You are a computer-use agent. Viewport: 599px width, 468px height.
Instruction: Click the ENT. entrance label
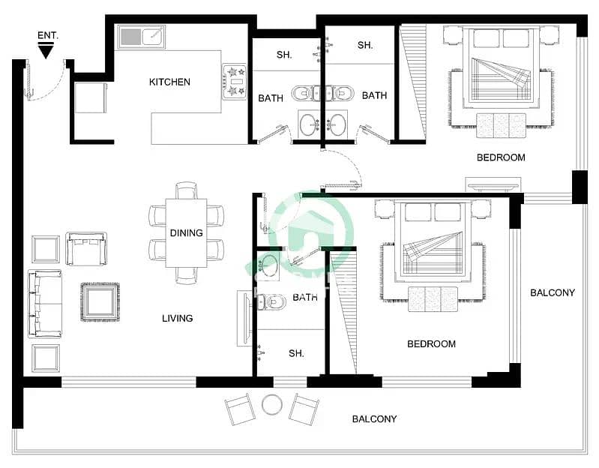pyautogui.click(x=46, y=35)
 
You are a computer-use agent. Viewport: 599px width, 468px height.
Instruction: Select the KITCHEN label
pyautogui.click(x=169, y=82)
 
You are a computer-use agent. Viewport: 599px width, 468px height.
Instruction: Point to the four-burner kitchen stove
pyautogui.click(x=235, y=81)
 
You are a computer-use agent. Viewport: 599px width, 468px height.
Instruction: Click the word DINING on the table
pyautogui.click(x=186, y=233)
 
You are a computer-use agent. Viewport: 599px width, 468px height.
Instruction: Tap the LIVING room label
pyautogui.click(x=177, y=318)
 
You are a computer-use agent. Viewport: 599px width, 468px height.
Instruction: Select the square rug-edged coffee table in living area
pyautogui.click(x=100, y=301)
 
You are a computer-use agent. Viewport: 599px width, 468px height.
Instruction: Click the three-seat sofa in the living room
pyautogui.click(x=45, y=303)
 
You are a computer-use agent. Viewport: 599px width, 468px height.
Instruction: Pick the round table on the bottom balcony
pyautogui.click(x=271, y=405)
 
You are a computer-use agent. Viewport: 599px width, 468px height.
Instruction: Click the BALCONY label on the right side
pyautogui.click(x=552, y=292)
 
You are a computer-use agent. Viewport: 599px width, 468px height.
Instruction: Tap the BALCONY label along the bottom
pyautogui.click(x=374, y=418)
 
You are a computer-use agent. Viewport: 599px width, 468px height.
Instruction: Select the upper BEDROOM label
pyautogui.click(x=501, y=157)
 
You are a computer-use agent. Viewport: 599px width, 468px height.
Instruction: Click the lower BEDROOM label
pyautogui.click(x=431, y=343)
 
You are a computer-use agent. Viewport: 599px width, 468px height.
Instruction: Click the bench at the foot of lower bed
pyautogui.click(x=432, y=298)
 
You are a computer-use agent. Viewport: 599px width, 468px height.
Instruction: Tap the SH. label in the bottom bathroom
pyautogui.click(x=296, y=353)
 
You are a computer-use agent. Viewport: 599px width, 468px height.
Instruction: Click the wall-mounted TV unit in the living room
pyautogui.click(x=244, y=319)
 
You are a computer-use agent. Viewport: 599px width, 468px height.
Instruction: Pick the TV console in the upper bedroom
pyautogui.click(x=493, y=183)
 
